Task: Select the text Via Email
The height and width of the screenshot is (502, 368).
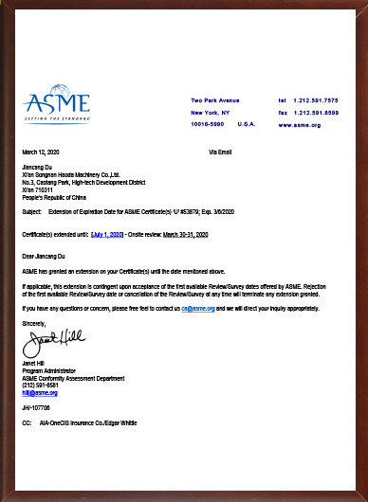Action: click(220, 152)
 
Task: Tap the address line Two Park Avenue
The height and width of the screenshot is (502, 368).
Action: click(214, 99)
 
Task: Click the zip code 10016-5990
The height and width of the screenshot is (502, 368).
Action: click(207, 124)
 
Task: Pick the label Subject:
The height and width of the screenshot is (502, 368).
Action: click(31, 214)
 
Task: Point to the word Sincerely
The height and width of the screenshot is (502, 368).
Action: click(34, 323)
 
